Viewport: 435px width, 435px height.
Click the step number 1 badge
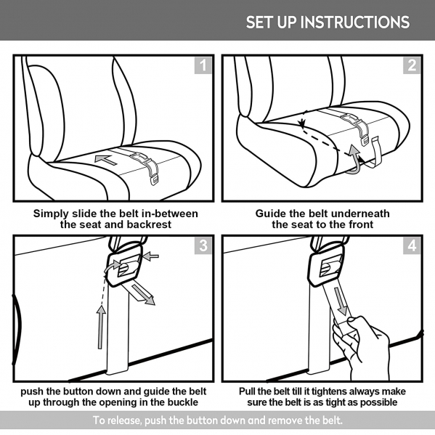(203, 65)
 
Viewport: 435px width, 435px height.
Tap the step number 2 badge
(412, 65)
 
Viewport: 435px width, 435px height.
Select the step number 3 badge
(203, 245)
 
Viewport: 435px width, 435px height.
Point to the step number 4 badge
(412, 245)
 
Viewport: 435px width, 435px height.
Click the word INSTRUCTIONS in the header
(355, 23)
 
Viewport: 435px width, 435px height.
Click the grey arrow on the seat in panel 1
(106, 160)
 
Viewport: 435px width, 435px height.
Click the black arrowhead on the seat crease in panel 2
(301, 123)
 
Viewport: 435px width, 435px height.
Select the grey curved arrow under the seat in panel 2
(354, 161)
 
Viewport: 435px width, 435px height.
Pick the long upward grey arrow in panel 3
(101, 327)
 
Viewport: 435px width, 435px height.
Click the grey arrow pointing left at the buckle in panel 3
(150, 256)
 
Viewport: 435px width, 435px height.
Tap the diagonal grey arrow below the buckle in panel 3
(144, 295)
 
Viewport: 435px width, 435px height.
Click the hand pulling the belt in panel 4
(361, 347)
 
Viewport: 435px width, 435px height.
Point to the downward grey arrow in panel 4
(341, 301)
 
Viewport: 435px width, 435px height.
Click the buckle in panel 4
(327, 268)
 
